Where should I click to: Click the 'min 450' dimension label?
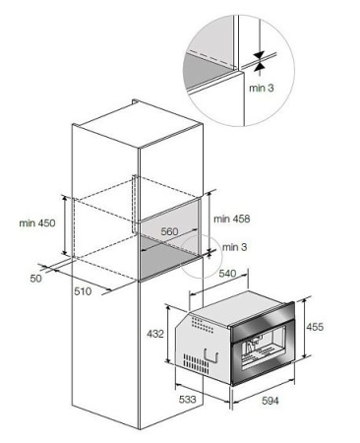pyautogui.click(x=36, y=223)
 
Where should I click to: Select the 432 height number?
pyautogui.click(x=154, y=333)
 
